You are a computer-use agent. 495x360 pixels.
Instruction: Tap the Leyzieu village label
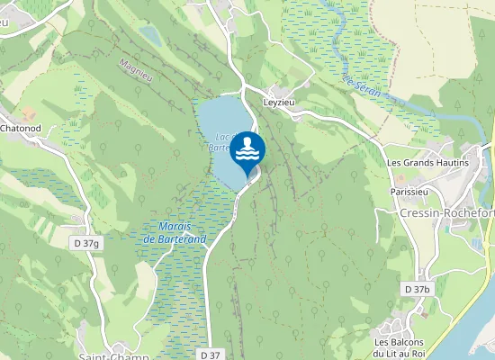280,103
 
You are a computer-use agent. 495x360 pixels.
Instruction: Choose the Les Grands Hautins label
427,163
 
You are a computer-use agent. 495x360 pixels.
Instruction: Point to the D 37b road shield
417,289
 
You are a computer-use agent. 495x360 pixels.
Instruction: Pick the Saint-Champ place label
112,356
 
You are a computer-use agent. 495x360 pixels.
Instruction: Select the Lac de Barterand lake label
221,140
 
